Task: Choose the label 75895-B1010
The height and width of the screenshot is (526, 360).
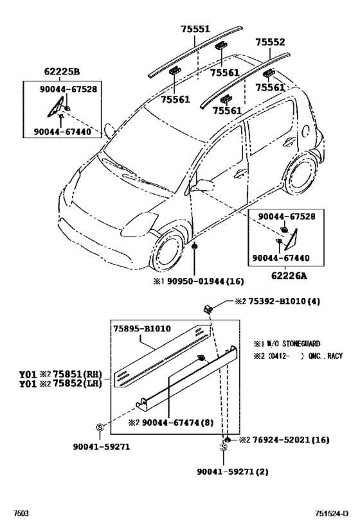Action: [x=142, y=328]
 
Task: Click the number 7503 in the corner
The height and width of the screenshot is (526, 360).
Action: [x=21, y=514]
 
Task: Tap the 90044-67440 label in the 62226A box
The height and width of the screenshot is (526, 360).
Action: [x=280, y=258]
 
